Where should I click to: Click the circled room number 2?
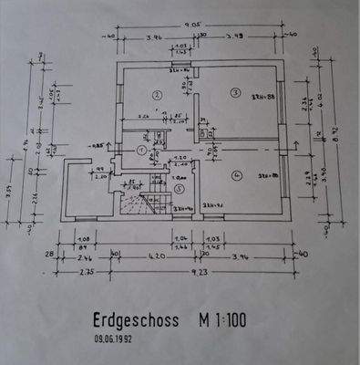pyautogui.click(x=156, y=94)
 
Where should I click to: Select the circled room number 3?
pyautogui.click(x=234, y=92)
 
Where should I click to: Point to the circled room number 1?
pyautogui.click(x=140, y=151)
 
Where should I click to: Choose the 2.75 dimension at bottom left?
pyautogui.click(x=88, y=272)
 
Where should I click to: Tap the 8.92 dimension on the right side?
pyautogui.click(x=336, y=142)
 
